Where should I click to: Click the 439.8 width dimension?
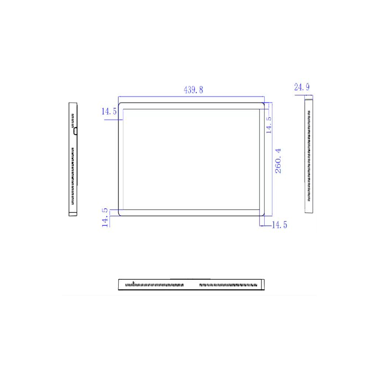(x=193, y=90)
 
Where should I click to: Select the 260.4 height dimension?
(x=278, y=161)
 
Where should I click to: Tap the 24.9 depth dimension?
(x=302, y=87)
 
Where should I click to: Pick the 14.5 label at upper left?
(x=109, y=111)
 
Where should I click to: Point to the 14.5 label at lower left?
(x=105, y=218)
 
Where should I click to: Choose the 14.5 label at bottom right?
(x=279, y=225)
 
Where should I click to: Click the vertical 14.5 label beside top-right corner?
(x=269, y=125)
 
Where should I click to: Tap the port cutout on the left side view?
(x=75, y=131)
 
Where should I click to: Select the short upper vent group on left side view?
(x=73, y=120)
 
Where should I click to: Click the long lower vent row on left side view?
(x=73, y=176)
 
